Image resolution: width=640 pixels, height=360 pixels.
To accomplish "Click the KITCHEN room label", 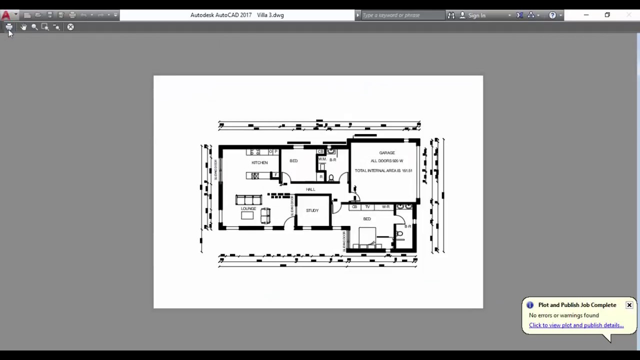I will point(259,162).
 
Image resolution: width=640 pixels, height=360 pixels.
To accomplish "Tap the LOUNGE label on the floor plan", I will point(248,208).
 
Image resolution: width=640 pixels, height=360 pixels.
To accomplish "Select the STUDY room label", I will point(312,210).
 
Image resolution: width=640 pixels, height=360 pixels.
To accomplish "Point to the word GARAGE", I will point(386,153).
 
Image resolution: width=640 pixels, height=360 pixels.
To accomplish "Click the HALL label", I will point(310,189).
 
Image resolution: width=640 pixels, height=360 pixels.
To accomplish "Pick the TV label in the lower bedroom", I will point(367,206).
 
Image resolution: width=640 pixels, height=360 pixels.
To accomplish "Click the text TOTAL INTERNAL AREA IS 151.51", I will point(383,170).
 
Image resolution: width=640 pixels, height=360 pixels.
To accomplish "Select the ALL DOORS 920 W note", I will point(386,161).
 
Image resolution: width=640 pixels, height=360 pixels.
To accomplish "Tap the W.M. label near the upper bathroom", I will point(322,159).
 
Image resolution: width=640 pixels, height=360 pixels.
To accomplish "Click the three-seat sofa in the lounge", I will point(248,200).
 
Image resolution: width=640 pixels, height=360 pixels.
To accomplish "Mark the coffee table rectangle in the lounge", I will point(247,215).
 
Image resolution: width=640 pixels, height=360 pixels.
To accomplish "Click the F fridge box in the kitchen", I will point(275,175).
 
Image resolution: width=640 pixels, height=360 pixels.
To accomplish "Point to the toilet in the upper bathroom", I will point(331,177).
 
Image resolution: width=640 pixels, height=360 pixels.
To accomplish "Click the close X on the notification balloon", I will point(629,305).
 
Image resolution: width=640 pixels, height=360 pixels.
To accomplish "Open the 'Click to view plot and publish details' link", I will point(576,325).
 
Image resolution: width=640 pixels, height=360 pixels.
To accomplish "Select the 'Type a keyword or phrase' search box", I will point(402,15).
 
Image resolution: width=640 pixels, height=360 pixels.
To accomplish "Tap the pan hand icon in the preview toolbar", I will point(23,27).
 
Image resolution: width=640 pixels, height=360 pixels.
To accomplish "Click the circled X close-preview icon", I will point(70,27).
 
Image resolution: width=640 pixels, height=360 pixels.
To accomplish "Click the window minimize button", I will point(586,15).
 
